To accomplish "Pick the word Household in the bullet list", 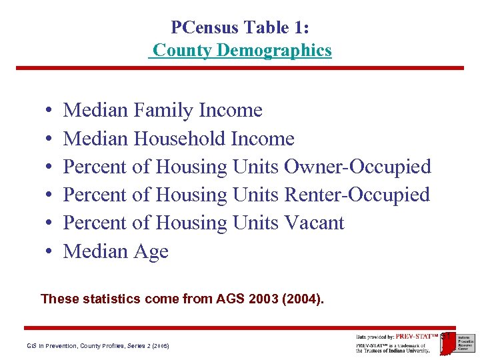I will click(179, 139).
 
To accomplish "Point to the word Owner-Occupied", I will click(357, 167).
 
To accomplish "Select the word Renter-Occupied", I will click(357, 195).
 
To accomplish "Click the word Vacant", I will click(314, 223).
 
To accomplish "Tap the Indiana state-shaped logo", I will click(447, 342).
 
